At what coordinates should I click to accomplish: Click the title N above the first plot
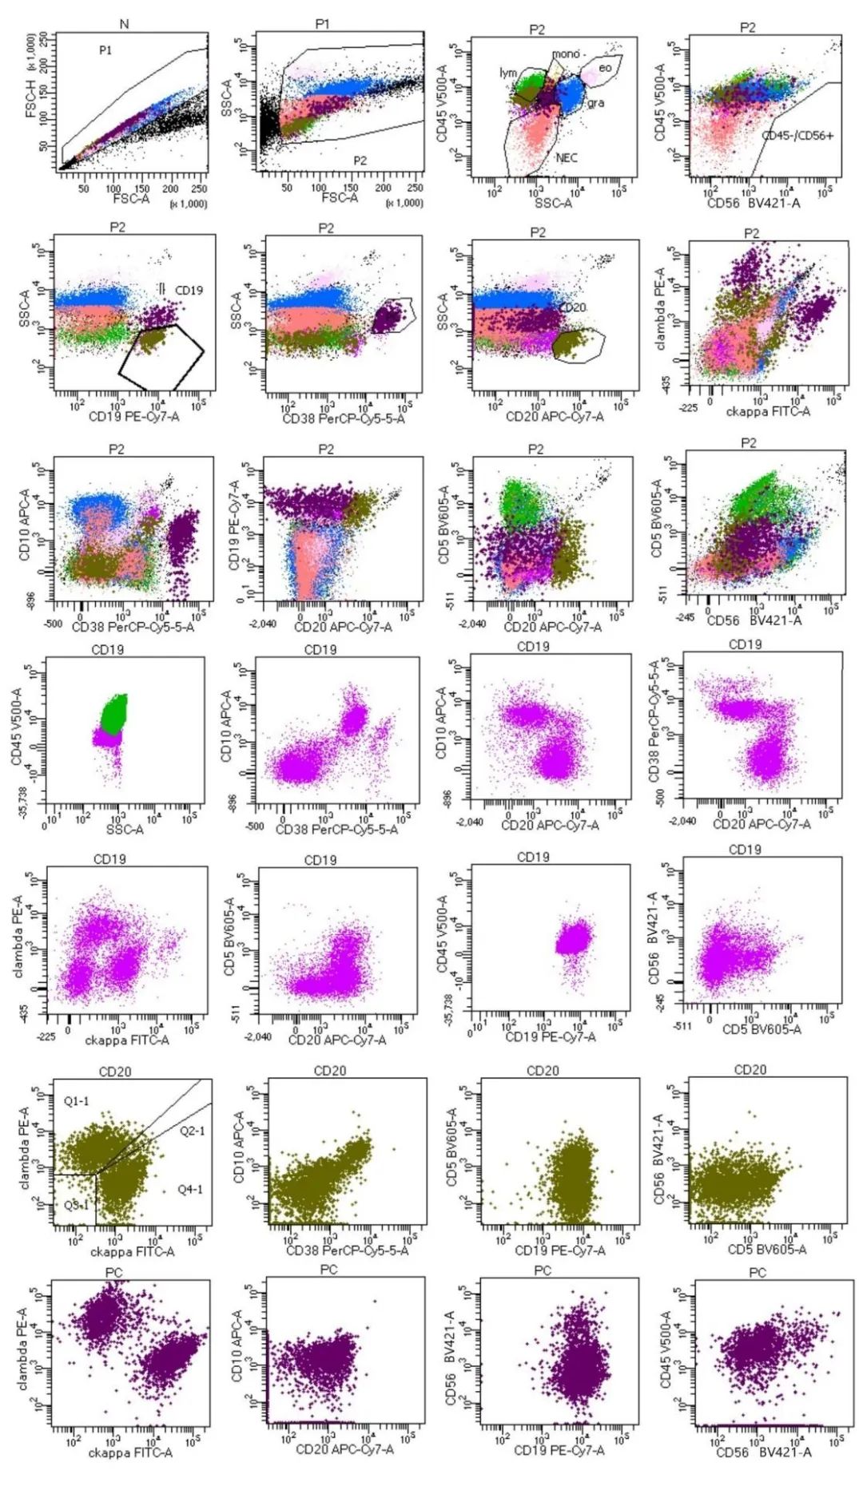coord(124,24)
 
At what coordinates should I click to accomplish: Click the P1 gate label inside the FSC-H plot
coord(105,50)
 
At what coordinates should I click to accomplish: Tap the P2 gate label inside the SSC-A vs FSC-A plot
coord(360,160)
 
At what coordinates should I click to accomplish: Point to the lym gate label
coord(508,73)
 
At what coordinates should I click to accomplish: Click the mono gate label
coord(566,53)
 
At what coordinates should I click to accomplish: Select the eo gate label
coord(605,68)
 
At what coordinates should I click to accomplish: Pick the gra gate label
coord(596,103)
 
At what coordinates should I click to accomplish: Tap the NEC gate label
coord(566,158)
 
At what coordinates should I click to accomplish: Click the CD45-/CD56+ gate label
coord(797,136)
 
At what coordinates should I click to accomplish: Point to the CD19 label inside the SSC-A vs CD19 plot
coord(189,290)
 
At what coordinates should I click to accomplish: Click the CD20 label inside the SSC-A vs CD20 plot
coord(572,307)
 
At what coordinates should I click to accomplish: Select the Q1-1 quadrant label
coord(77,1102)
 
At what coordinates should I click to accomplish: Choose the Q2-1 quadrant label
coord(192,1131)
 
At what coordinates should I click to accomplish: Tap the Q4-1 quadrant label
coord(190,1190)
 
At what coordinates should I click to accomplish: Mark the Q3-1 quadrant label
coord(77,1206)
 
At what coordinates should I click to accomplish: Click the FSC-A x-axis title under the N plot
coord(131,198)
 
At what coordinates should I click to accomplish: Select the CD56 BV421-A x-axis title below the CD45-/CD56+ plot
coord(754,203)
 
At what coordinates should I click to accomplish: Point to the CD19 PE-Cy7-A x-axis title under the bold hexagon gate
coord(133,416)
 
